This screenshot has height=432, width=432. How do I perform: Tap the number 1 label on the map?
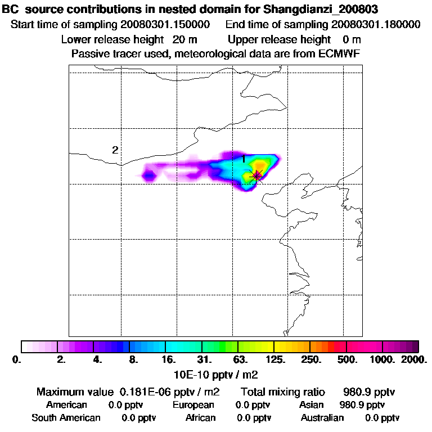pyautogui.click(x=244, y=159)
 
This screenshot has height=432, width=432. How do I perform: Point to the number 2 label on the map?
pyautogui.click(x=115, y=150)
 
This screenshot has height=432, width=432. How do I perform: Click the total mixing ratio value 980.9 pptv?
pyautogui.click(x=364, y=391)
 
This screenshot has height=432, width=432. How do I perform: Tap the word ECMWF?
pyautogui.click(x=339, y=53)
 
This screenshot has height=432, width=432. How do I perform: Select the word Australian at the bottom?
pyautogui.click(x=322, y=418)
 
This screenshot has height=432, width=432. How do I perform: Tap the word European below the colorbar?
pyautogui.click(x=193, y=405)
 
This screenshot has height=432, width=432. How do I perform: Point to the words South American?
pyautogui.click(x=66, y=418)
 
